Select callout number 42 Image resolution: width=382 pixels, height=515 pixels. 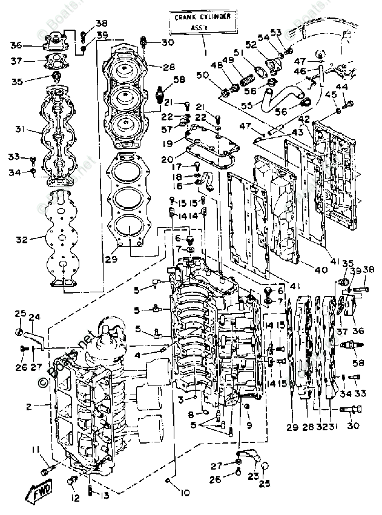coord(303,119)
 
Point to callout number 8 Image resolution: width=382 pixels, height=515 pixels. coord(190,415)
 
